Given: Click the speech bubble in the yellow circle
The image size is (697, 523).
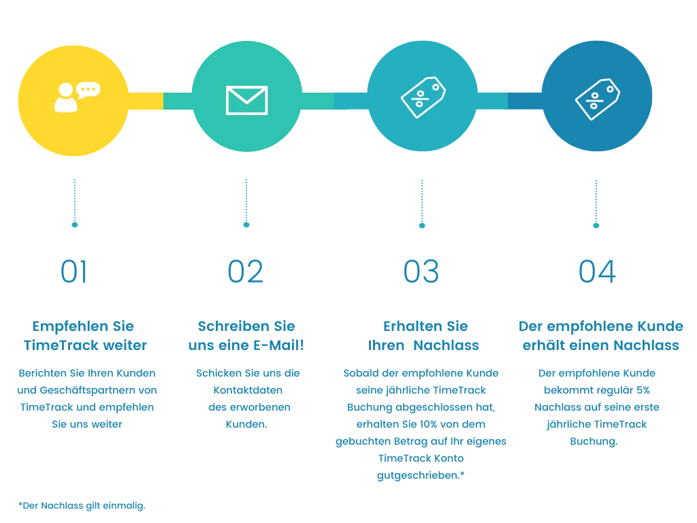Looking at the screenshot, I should coord(88,90).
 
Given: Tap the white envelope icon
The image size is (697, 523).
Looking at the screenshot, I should coord(246,100).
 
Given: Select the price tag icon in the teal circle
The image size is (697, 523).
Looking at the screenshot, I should coord(423,97).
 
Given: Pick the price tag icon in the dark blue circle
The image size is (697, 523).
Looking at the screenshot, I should coord(597,99).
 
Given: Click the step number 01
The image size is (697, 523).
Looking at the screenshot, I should coord(74,271).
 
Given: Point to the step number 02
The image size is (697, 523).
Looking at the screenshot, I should coord(246,271).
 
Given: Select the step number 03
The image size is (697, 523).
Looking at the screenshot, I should coord(421,271).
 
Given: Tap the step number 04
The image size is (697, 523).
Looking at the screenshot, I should coord(596,271).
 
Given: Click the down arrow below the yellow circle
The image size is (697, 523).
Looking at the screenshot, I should coord(74,202).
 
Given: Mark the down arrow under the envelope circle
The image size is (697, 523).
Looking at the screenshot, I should coord(246,202).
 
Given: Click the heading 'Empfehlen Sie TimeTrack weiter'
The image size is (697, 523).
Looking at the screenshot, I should coord(84,335).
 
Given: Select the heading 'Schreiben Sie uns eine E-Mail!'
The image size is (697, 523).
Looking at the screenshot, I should coord(246,335).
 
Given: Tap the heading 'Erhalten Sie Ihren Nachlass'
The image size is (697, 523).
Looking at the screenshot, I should coord(422,335).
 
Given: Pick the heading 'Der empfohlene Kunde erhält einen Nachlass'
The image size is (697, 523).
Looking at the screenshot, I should coord(600,335).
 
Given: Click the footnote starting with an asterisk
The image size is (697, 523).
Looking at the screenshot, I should coord(82,506).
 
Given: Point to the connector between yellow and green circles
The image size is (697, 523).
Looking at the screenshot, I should coord(161,101).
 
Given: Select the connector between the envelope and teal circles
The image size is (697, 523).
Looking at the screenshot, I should coord(334,101).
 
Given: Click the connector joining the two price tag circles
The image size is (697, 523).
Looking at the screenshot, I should coord(509,101).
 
